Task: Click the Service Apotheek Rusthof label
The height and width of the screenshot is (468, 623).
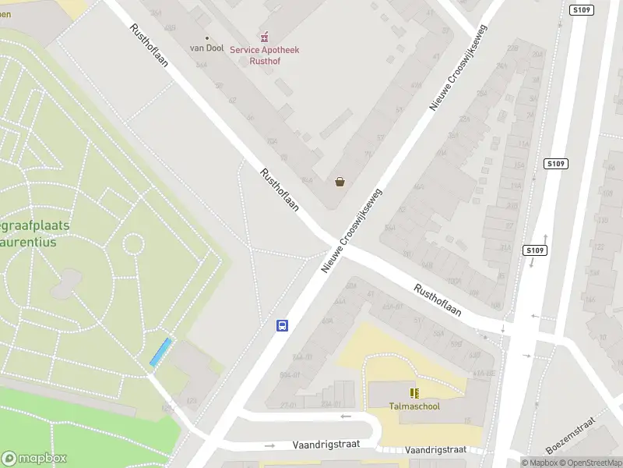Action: pos(265,55)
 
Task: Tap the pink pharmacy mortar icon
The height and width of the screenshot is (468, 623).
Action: pos(265,36)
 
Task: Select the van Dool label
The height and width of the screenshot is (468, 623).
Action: pos(206,48)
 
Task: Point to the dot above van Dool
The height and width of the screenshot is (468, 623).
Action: pos(206,37)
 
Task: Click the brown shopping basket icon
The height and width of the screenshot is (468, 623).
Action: pos(340,182)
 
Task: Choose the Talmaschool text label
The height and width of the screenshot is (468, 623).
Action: pos(414,406)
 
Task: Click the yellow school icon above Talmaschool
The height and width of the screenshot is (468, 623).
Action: pos(414,392)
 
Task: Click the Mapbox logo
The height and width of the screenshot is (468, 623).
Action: pos(34,459)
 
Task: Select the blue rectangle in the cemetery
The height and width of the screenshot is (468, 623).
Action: pos(161,352)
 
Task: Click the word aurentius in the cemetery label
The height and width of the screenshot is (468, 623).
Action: pos(34,242)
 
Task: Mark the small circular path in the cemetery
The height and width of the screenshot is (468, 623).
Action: pos(133,244)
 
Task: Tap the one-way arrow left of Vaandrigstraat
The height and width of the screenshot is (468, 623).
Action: pos(270,445)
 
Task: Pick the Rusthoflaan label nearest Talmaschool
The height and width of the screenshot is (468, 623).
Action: pos(438,300)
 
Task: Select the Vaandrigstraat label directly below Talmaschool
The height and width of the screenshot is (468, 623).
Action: pos(435,449)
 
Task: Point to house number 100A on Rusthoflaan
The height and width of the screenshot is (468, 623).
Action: pos(455,282)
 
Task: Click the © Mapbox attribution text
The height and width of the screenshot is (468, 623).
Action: pos(540,463)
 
